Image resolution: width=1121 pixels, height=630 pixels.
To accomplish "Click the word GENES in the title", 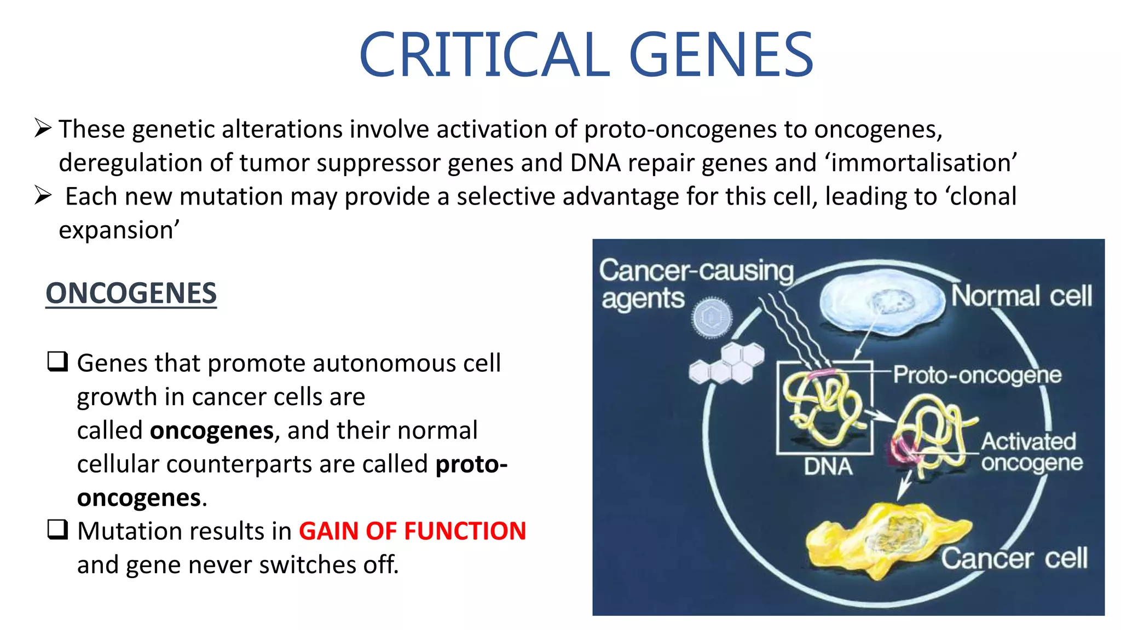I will [721, 55].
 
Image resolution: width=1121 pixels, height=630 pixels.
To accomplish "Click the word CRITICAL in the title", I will [484, 55].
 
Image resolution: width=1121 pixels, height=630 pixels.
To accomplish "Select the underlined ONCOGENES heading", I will [131, 293].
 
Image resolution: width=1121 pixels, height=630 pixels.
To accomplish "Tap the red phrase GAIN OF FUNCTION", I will [412, 531].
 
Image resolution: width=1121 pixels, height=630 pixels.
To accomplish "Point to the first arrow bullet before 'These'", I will [43, 129].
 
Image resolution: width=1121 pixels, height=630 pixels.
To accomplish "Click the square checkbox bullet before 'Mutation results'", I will [57, 530].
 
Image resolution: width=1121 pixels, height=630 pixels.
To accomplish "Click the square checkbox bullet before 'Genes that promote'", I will [57, 362].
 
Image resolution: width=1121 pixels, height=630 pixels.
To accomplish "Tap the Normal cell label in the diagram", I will [1021, 296].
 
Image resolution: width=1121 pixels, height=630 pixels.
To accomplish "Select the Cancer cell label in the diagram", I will [1014, 559].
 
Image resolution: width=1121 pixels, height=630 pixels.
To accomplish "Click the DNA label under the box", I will [828, 467].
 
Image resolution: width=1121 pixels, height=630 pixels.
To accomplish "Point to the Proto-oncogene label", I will [977, 375].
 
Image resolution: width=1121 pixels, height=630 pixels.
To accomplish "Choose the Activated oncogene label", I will [1031, 452].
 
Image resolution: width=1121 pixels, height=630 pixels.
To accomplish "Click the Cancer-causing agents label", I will [695, 284].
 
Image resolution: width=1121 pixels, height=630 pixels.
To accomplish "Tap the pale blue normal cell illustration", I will [882, 304].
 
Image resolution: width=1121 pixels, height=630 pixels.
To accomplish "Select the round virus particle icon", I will [711, 317].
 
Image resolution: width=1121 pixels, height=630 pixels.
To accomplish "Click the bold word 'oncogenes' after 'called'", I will [211, 431].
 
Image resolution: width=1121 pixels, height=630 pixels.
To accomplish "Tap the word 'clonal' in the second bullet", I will [983, 197].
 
